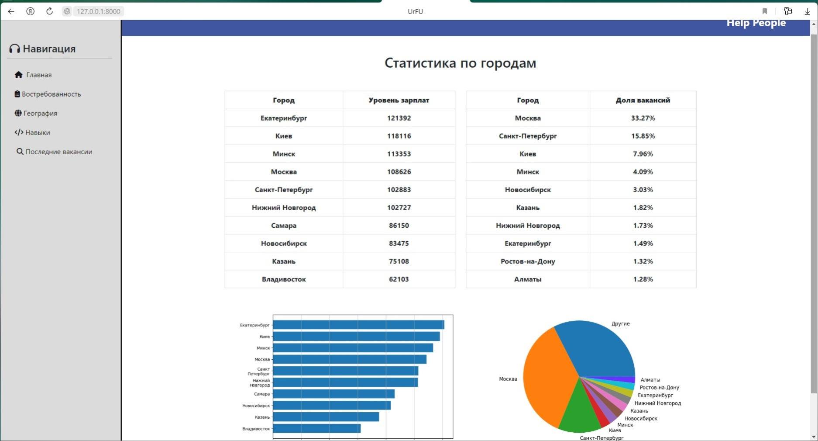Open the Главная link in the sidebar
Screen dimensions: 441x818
click(x=38, y=75)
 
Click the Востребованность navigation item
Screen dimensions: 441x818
click(x=51, y=94)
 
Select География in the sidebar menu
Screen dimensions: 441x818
click(x=40, y=113)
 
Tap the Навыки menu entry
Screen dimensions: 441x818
click(x=38, y=132)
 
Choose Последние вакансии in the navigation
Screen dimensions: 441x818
click(x=58, y=152)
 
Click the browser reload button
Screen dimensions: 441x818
click(x=49, y=11)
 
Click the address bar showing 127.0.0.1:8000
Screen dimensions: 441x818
click(x=98, y=11)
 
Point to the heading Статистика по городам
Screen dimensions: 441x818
click(x=460, y=63)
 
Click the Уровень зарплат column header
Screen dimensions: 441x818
click(x=399, y=100)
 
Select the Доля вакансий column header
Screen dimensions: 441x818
click(x=643, y=100)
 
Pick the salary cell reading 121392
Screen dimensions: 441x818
click(x=399, y=118)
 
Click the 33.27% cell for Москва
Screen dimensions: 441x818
click(x=643, y=118)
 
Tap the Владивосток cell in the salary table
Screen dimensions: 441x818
click(x=284, y=279)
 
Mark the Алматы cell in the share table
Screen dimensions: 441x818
click(x=527, y=279)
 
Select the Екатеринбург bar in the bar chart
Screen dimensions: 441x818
click(x=358, y=325)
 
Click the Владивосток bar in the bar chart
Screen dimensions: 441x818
click(x=316, y=428)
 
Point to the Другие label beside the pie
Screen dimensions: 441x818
click(x=620, y=324)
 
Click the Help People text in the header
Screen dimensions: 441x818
click(x=756, y=23)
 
